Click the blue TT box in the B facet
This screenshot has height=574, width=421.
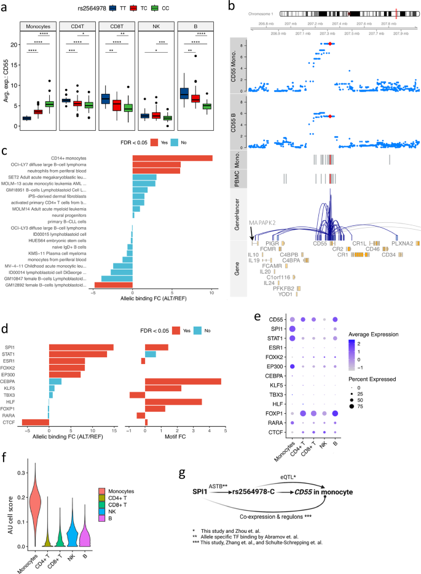[x=183, y=93]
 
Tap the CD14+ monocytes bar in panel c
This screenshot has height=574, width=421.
[x=172, y=158]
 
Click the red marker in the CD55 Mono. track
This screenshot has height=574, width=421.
[x=330, y=44]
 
